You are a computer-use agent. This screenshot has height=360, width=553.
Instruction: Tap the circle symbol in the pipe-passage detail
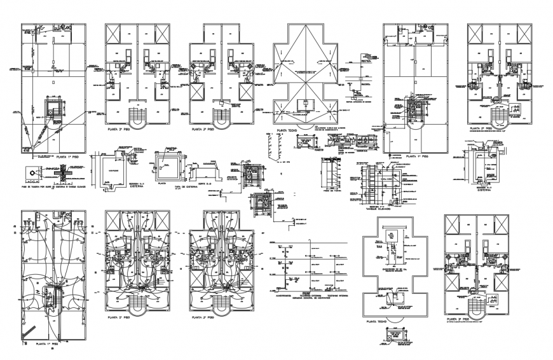(31, 172)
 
